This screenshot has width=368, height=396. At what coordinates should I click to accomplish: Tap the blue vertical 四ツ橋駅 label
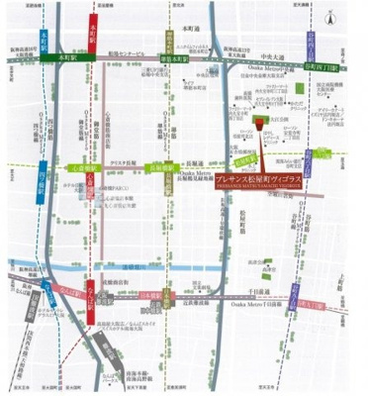coord(40,182)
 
